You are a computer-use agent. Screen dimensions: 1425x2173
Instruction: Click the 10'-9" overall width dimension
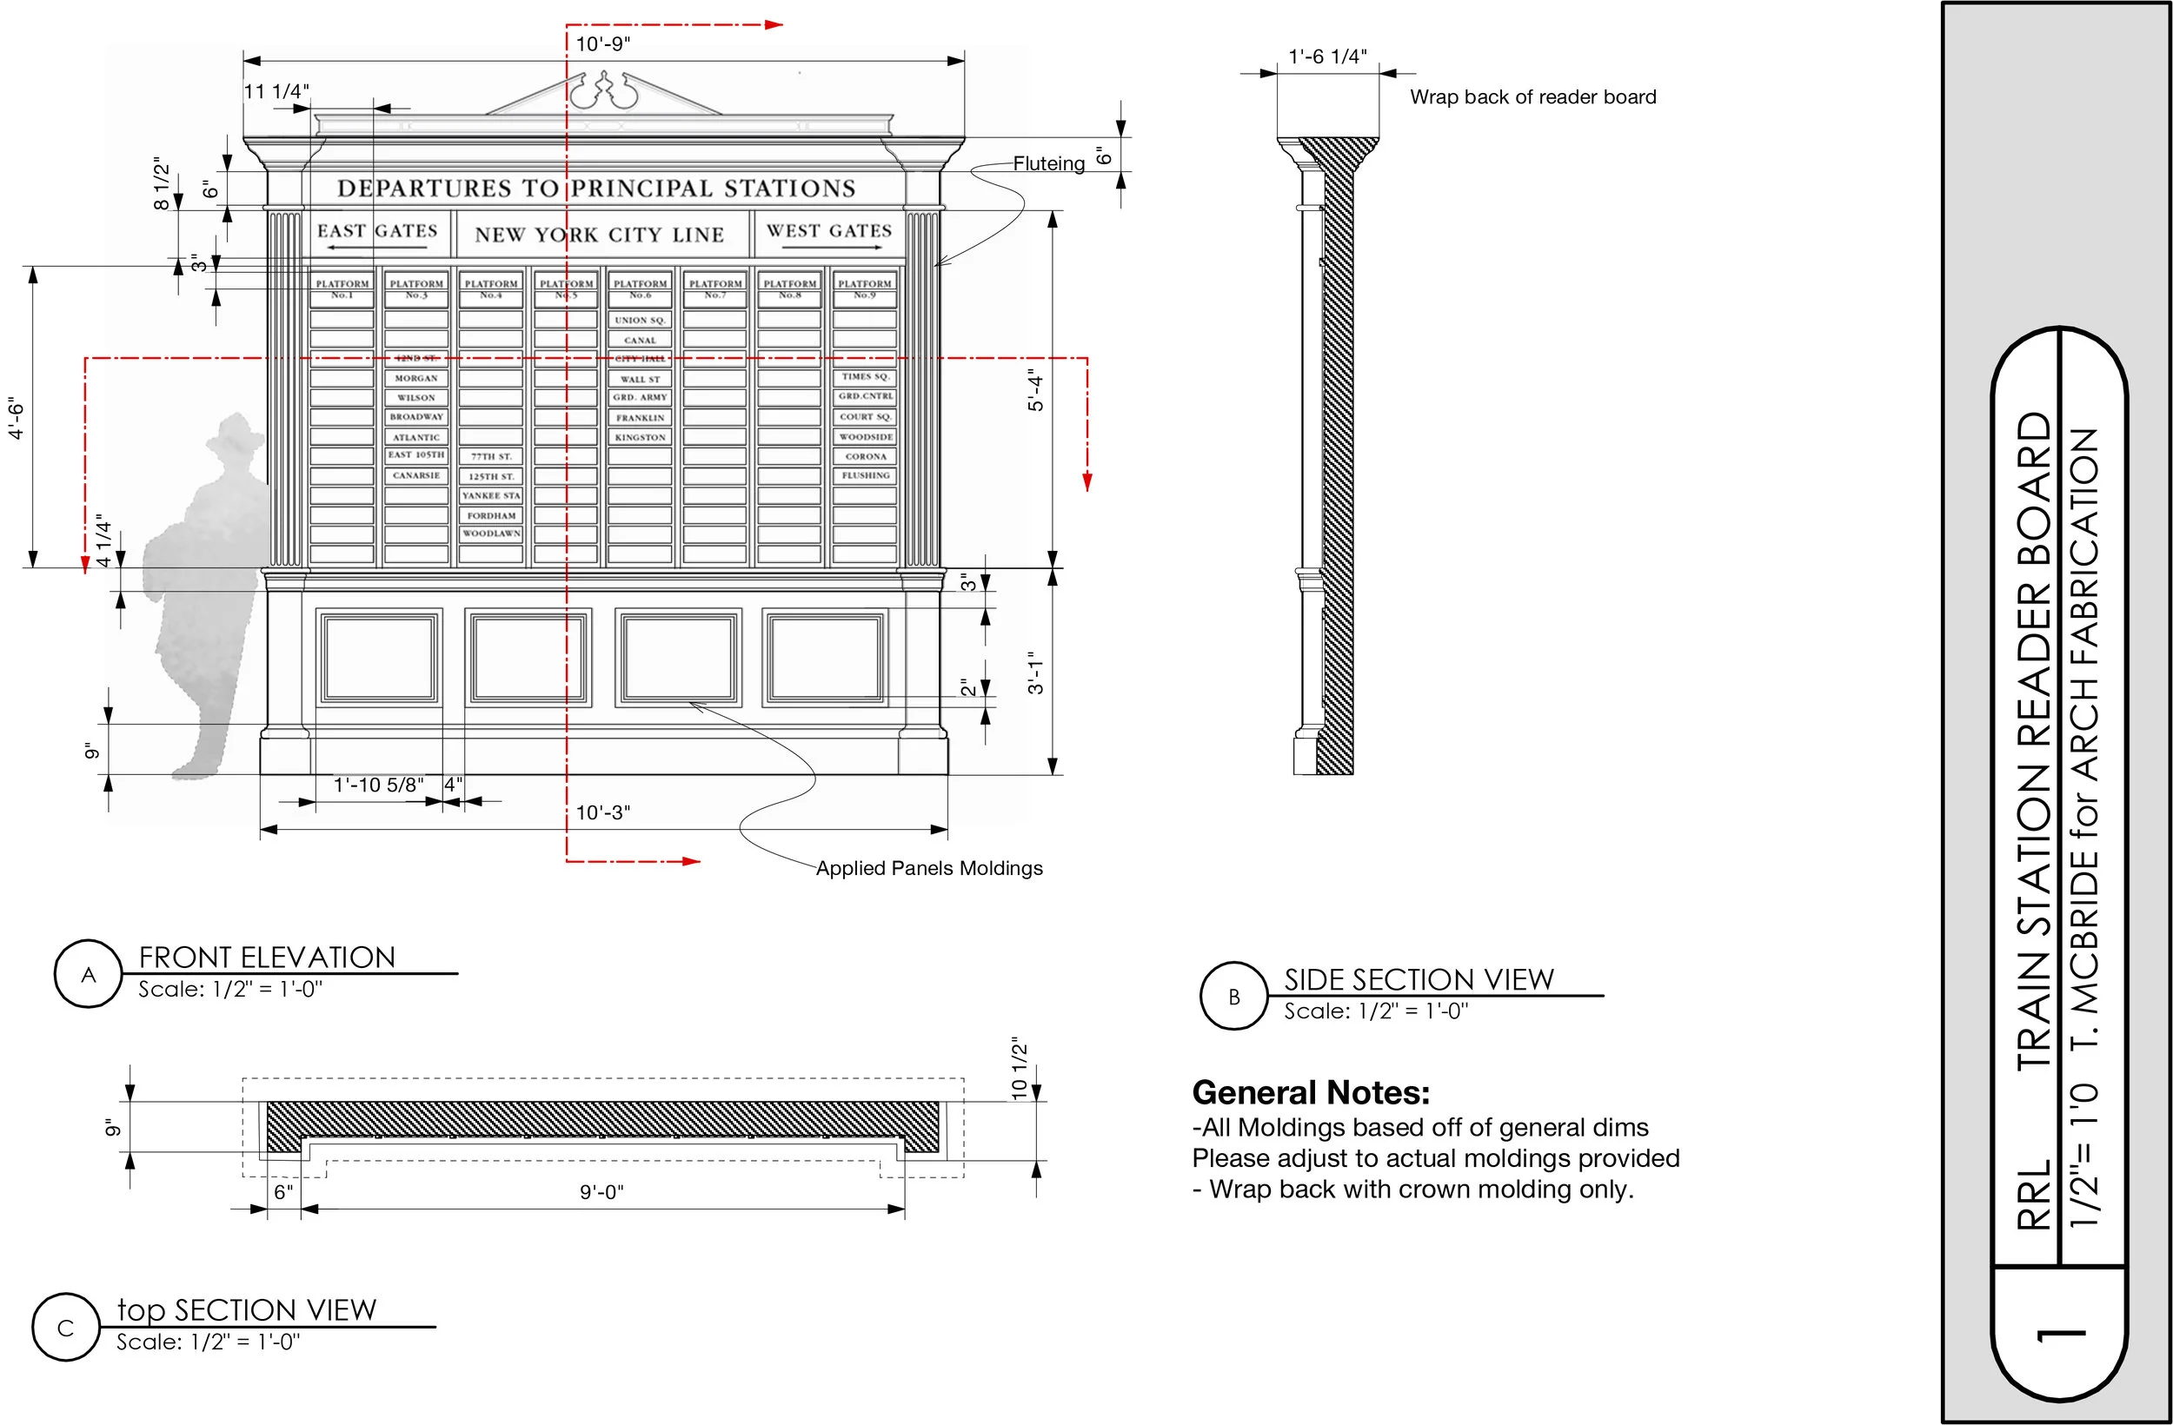602,43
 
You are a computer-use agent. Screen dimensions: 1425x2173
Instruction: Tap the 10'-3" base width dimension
602,812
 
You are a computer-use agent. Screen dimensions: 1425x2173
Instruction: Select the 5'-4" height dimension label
1035,390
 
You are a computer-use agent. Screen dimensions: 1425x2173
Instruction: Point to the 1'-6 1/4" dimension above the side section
1327,56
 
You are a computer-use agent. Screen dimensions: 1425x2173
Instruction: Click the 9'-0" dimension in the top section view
601,1192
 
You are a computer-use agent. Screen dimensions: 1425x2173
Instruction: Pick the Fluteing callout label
1049,164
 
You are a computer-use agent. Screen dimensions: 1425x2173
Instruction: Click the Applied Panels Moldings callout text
928,868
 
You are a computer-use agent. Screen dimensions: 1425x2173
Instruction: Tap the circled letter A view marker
89,975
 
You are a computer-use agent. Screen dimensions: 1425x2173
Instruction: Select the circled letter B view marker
1234,997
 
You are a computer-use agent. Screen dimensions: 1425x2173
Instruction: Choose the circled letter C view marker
66,1329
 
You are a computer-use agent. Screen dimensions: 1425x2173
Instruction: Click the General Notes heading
1310,1093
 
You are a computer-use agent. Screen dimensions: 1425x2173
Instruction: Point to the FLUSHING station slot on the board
866,475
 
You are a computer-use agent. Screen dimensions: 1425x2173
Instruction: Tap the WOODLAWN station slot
491,534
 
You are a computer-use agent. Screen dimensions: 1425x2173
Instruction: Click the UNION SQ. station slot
640,321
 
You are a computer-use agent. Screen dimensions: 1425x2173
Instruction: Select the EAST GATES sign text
377,231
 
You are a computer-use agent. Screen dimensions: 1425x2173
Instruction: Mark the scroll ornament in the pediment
601,91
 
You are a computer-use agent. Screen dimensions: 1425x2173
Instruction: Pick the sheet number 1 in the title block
2061,1337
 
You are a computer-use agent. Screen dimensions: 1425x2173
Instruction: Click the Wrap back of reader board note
1532,97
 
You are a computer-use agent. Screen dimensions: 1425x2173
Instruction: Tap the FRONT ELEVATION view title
267,957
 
